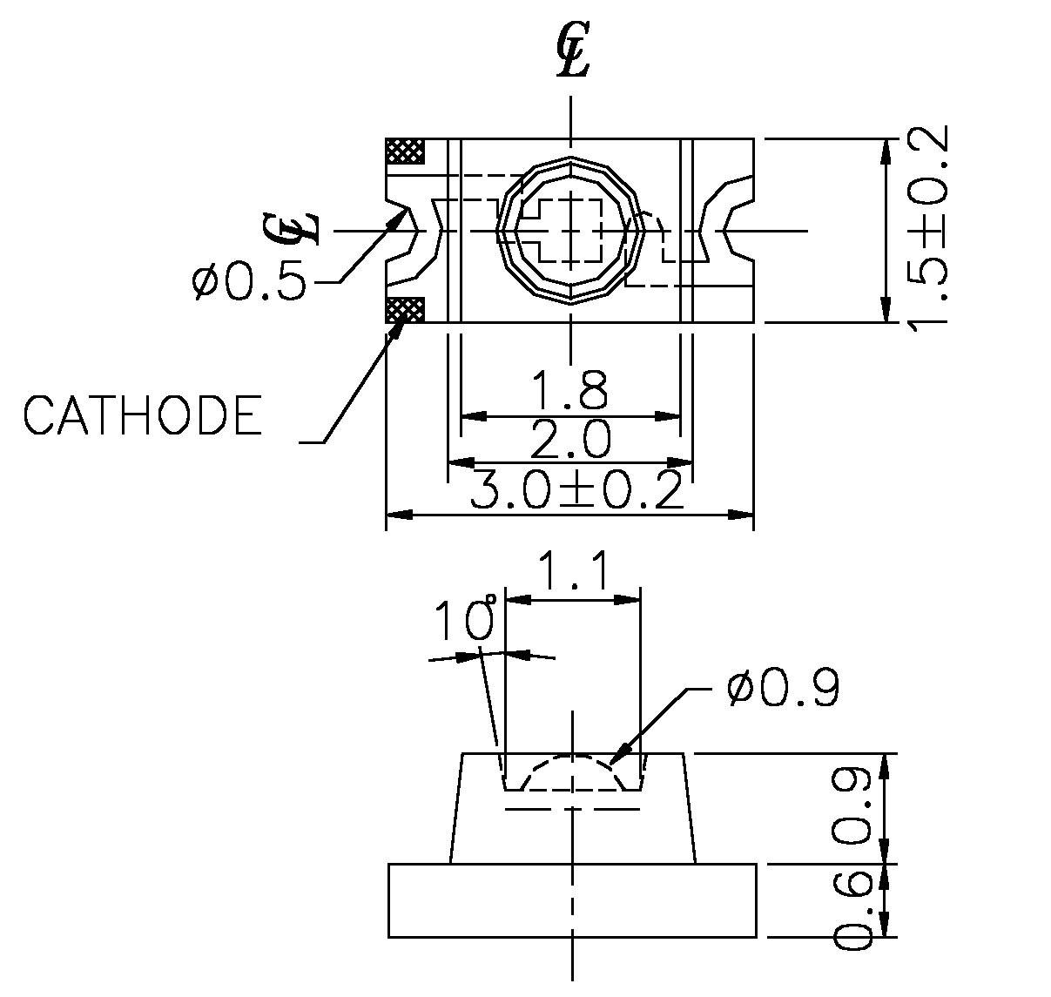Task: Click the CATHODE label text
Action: point(142,415)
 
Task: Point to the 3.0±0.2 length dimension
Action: point(576,491)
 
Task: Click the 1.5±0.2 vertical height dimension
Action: point(926,229)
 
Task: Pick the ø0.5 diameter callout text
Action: point(249,282)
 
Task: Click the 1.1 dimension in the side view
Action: point(572,571)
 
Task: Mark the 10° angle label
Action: point(467,620)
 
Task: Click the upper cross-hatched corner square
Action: point(405,151)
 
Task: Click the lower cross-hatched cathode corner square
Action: point(405,309)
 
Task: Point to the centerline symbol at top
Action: point(572,54)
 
